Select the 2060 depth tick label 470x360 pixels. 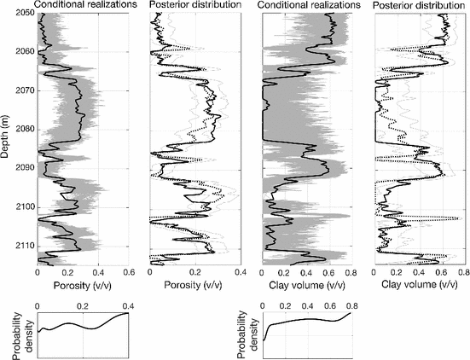pyautogui.click(x=23, y=51)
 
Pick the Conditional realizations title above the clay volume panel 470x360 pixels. pyautogui.click(x=308, y=6)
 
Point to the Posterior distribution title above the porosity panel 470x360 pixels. pyautogui.click(x=194, y=6)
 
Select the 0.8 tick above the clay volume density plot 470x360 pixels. pyautogui.click(x=350, y=305)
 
